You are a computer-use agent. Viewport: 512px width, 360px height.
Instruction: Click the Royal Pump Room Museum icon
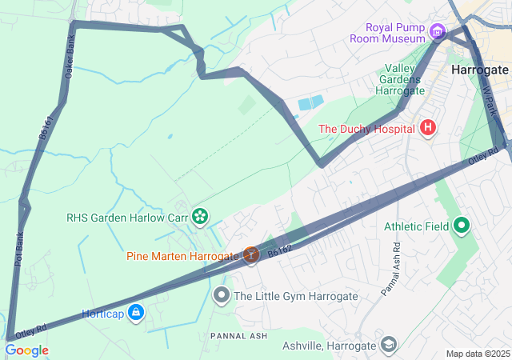(x=437, y=32)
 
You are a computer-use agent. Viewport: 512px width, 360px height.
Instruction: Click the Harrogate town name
(x=479, y=70)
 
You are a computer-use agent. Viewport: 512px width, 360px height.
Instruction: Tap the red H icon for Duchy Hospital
(x=428, y=127)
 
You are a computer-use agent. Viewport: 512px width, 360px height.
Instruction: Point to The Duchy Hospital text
(x=366, y=128)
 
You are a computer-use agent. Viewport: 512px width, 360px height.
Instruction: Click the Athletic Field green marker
(x=461, y=226)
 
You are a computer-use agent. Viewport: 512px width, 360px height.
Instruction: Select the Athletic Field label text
(x=416, y=226)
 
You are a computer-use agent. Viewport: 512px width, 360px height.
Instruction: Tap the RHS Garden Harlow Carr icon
(x=199, y=215)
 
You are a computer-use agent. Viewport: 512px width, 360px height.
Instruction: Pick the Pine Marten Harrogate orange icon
(x=250, y=255)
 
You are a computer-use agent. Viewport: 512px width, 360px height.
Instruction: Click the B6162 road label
(x=280, y=252)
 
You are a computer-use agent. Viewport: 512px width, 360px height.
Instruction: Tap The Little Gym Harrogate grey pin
(x=222, y=296)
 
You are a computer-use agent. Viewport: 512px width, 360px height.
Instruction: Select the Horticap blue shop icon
(x=136, y=312)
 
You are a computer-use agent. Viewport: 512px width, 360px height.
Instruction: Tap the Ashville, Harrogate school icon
(x=388, y=346)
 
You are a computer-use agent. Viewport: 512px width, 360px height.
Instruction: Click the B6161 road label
(x=46, y=128)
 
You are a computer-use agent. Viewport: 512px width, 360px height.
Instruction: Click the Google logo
(x=26, y=350)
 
